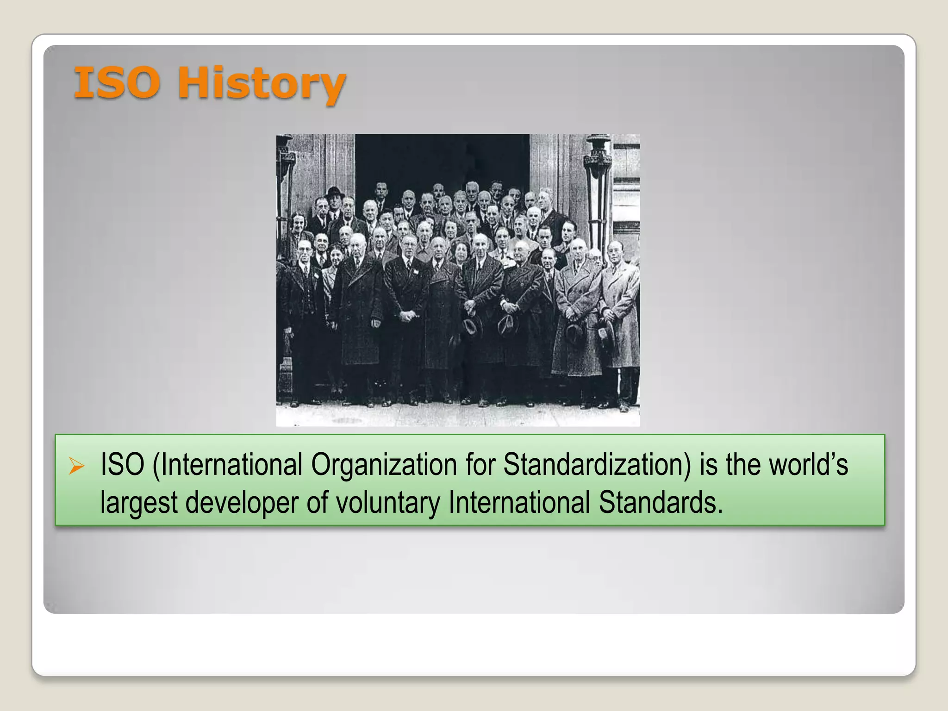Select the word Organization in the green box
[384, 465]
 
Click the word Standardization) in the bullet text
[597, 465]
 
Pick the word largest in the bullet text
[139, 503]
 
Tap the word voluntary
[388, 503]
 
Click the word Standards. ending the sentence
[661, 503]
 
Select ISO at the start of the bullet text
[122, 465]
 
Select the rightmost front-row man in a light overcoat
[619, 315]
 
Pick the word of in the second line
[317, 503]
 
